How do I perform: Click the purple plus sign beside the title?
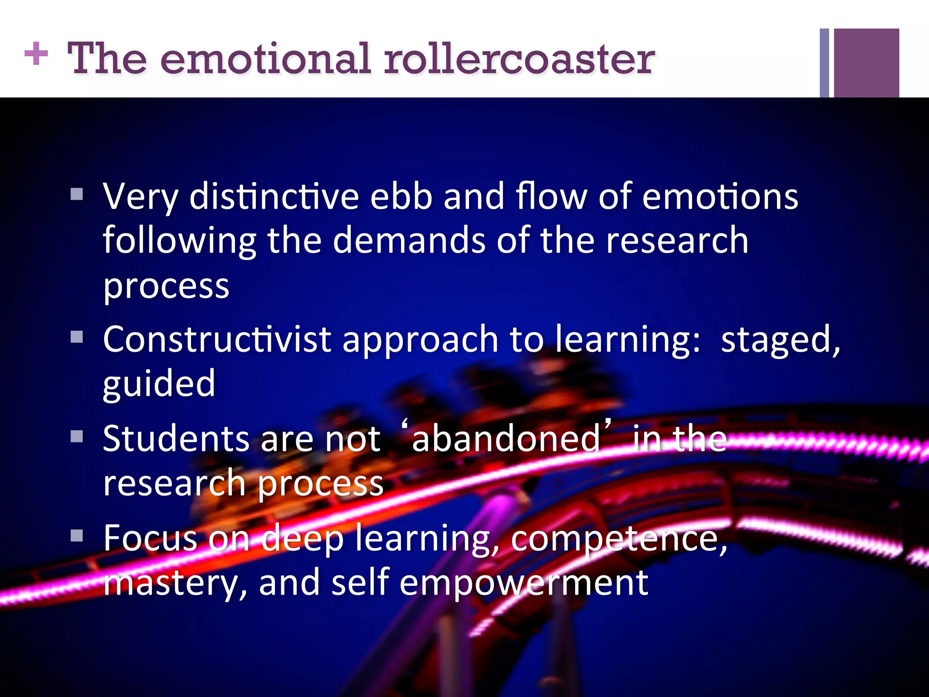coord(36,54)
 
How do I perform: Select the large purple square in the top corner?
coord(866,63)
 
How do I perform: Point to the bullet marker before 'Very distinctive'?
coord(77,195)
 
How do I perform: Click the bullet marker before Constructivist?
coord(77,337)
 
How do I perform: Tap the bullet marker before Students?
coord(77,437)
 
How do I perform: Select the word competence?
coord(619,539)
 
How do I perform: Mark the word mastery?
coord(175,583)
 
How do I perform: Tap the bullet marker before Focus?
coord(77,536)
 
